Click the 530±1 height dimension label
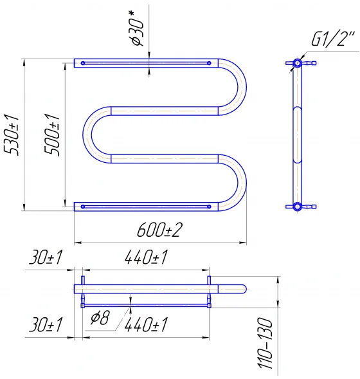point(12,135)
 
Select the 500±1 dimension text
point(51,135)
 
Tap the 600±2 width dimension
point(159,230)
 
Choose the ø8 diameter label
point(100,317)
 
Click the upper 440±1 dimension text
point(146,257)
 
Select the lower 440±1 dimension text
point(146,324)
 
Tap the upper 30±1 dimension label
point(46,257)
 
